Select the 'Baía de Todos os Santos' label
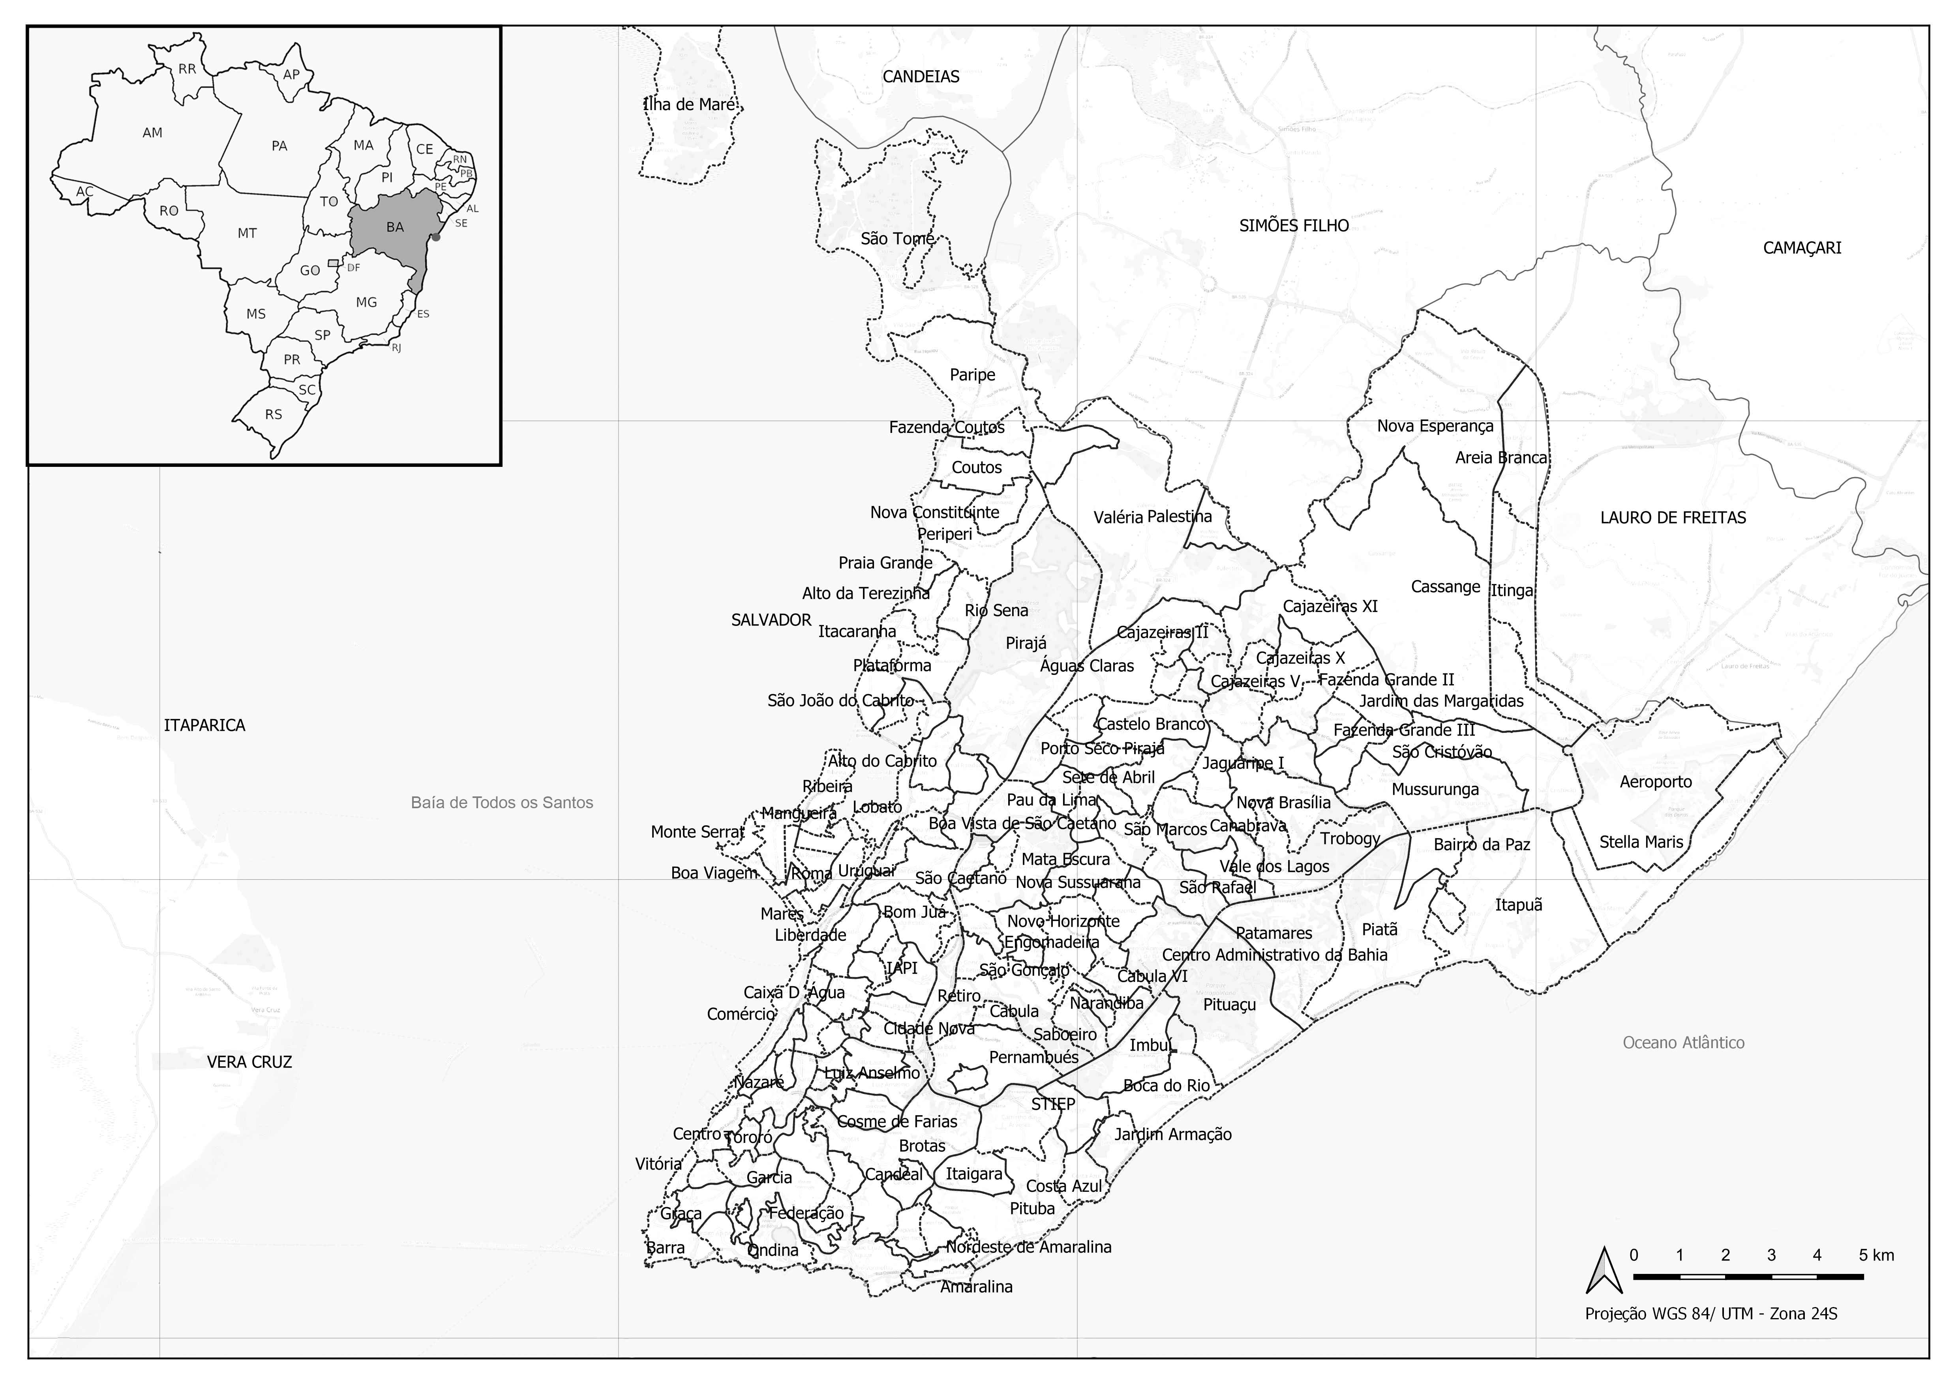pos(501,802)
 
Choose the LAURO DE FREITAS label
pos(1673,518)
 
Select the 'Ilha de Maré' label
pos(689,105)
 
